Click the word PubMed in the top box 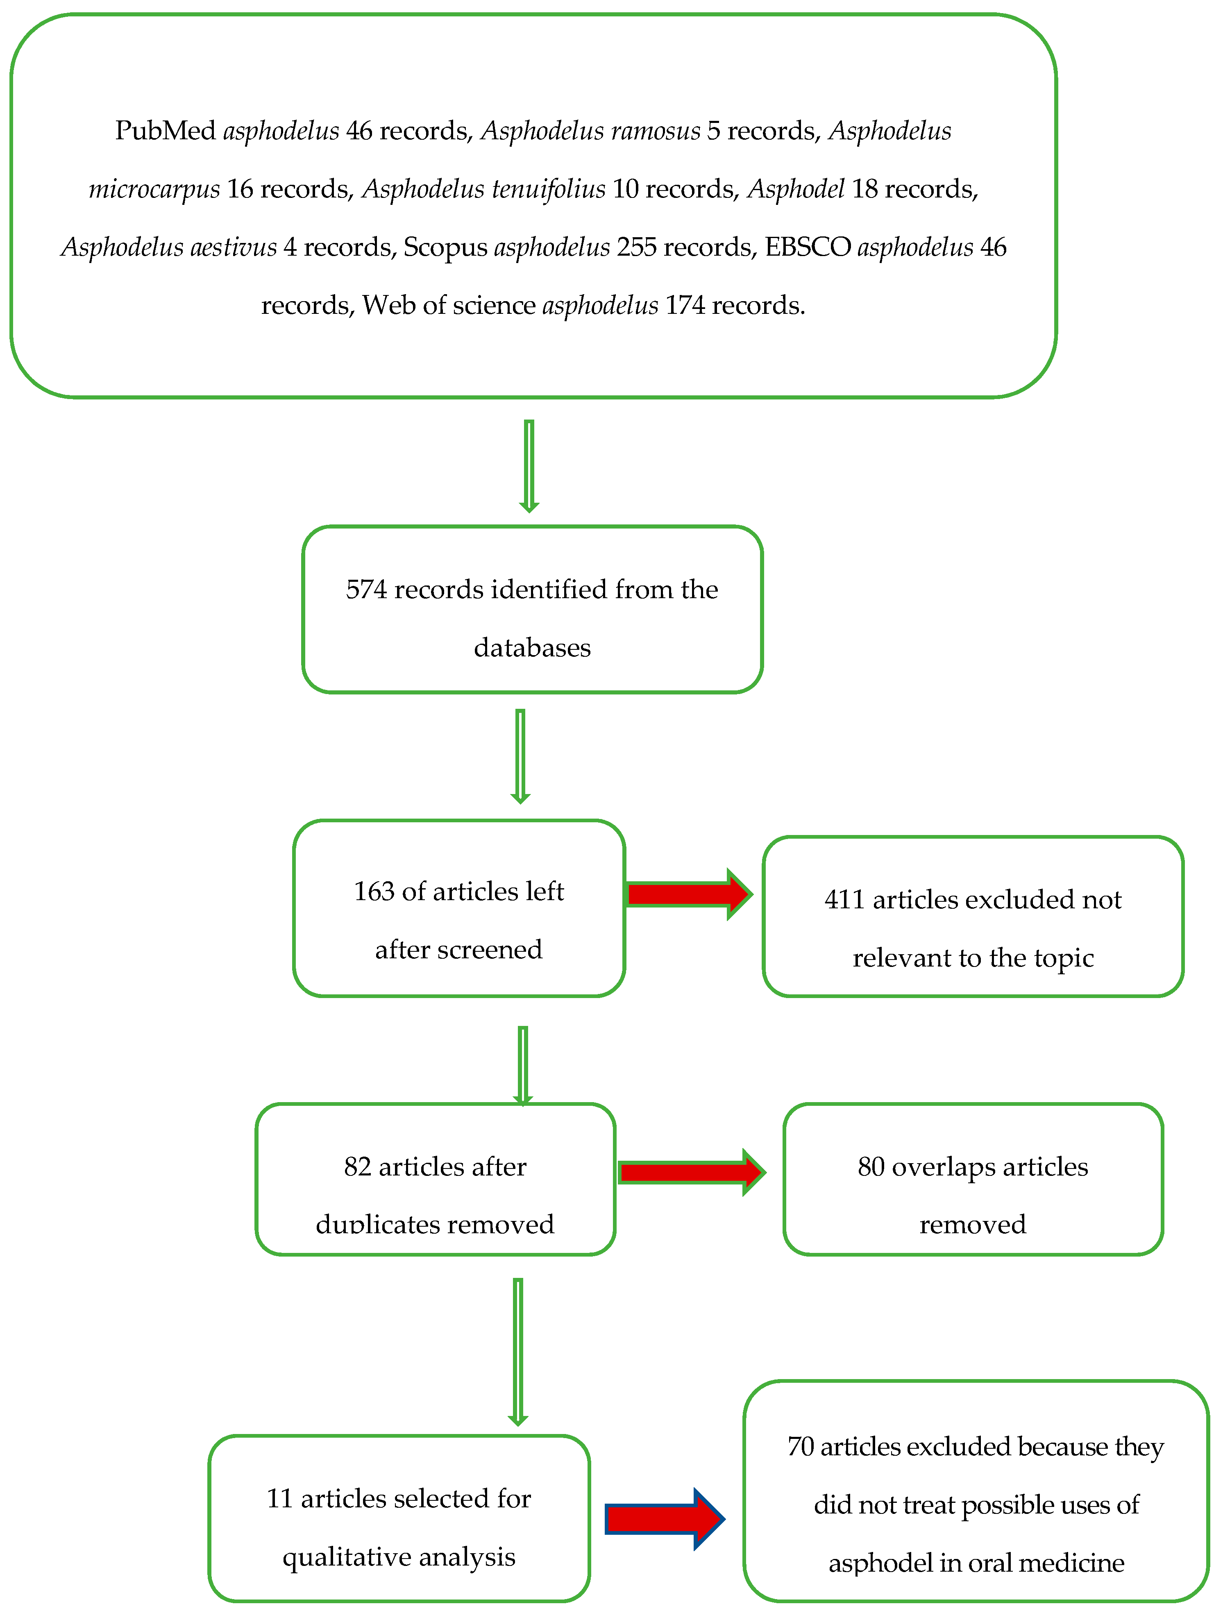point(165,131)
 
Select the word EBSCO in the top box point(808,247)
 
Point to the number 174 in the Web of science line point(685,305)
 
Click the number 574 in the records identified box point(366,590)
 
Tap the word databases point(532,648)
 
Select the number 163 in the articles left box point(374,891)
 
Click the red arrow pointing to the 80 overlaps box point(691,1173)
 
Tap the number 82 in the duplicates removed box point(357,1167)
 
